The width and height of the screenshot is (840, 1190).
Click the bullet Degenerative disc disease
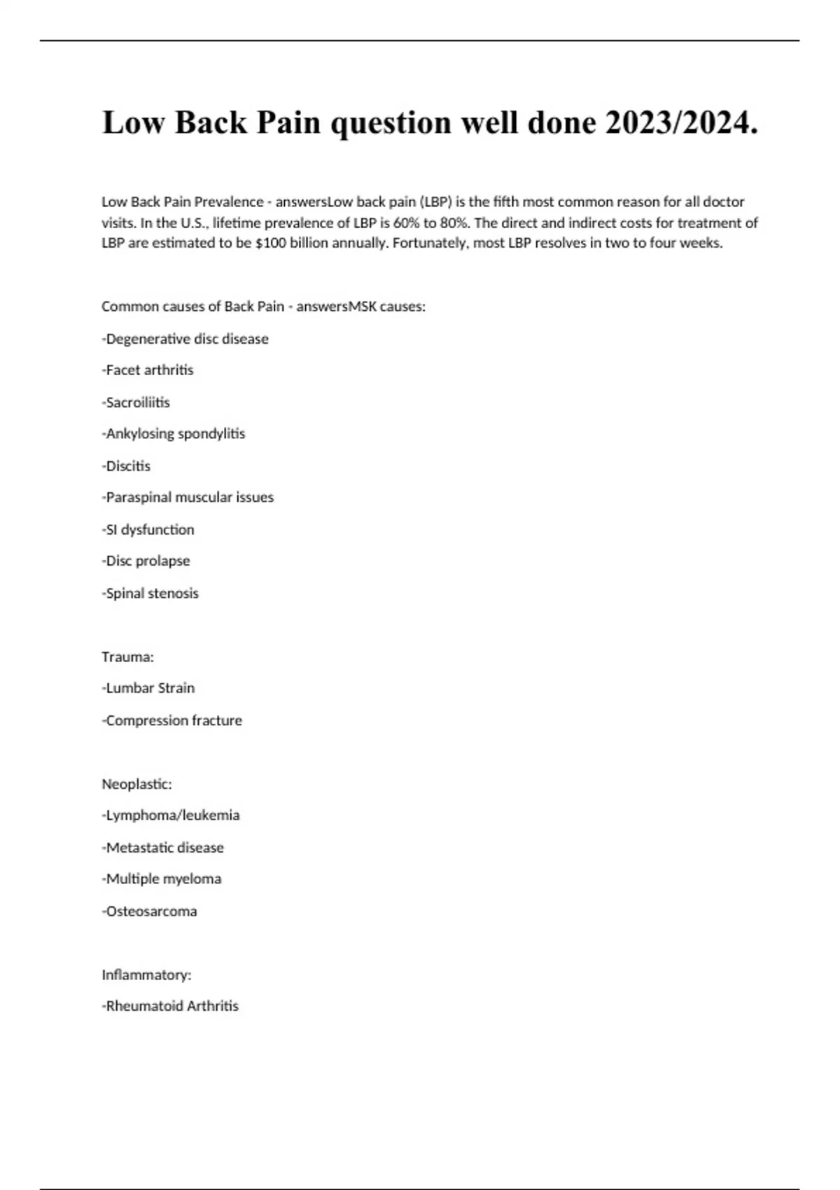pos(185,339)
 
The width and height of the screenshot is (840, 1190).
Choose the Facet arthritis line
pos(148,370)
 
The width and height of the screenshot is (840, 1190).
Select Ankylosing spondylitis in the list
pos(174,434)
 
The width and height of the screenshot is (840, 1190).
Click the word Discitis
pos(127,466)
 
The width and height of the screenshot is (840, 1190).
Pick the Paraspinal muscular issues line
pos(188,498)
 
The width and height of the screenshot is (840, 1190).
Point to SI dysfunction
pos(148,530)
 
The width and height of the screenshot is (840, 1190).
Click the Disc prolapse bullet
pos(146,561)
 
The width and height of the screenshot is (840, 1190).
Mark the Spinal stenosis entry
pos(150,594)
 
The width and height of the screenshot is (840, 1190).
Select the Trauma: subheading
pos(127,657)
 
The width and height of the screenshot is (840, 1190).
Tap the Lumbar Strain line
pos(148,688)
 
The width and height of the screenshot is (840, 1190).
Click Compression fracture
pos(172,720)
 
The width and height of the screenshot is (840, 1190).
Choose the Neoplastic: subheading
pos(136,784)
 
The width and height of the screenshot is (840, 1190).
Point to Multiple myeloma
pos(162,879)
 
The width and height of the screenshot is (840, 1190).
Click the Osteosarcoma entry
pos(150,911)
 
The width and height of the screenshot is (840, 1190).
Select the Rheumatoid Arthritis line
pos(170,1006)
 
